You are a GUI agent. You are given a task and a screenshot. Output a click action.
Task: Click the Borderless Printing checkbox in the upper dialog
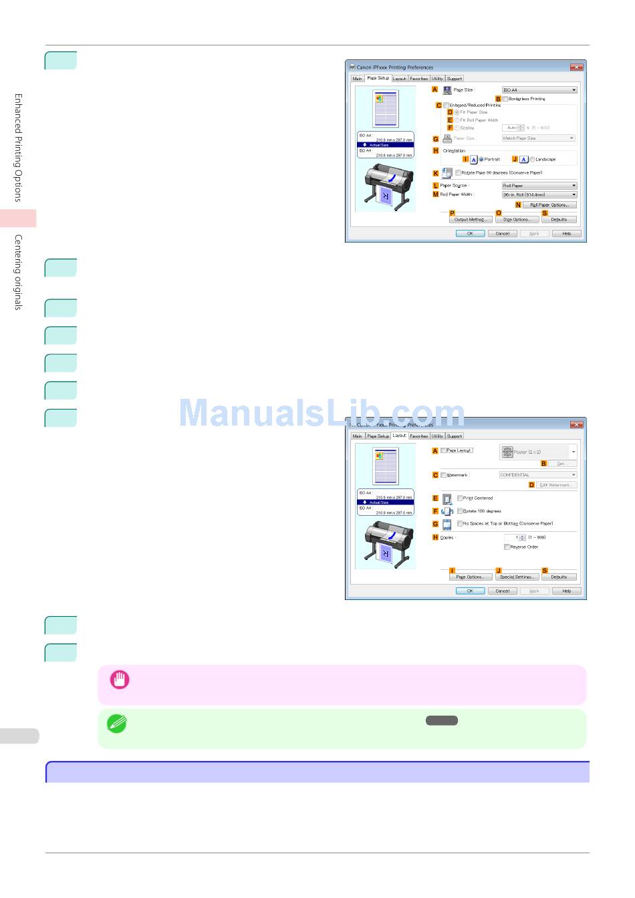point(505,99)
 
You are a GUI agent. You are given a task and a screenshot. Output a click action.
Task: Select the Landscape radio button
point(533,160)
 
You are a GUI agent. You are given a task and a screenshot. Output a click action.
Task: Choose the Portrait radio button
point(481,160)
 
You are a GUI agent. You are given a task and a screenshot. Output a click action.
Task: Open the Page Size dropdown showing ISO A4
point(539,90)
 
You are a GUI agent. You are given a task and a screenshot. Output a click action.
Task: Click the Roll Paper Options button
point(549,205)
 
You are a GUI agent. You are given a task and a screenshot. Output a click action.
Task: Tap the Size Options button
point(516,219)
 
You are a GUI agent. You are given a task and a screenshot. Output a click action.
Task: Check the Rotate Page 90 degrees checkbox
point(459,173)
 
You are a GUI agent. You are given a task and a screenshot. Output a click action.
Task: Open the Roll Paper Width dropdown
point(539,195)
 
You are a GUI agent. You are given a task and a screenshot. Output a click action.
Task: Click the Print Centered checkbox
point(460,498)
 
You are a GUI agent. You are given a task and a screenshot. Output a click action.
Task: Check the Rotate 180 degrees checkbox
point(460,511)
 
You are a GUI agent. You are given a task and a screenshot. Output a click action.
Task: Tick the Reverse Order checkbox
point(507,547)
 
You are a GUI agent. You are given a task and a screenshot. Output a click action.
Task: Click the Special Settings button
point(516,577)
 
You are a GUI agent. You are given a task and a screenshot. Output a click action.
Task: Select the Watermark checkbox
point(443,475)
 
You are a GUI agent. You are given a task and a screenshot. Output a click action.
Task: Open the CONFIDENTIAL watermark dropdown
point(537,475)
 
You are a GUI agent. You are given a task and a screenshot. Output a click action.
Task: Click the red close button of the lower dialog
point(577,425)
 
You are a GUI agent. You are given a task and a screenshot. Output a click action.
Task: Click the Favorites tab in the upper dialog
point(419,79)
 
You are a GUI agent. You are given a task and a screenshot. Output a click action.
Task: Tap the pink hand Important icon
point(120,680)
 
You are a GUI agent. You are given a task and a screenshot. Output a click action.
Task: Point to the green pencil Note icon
point(117,724)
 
